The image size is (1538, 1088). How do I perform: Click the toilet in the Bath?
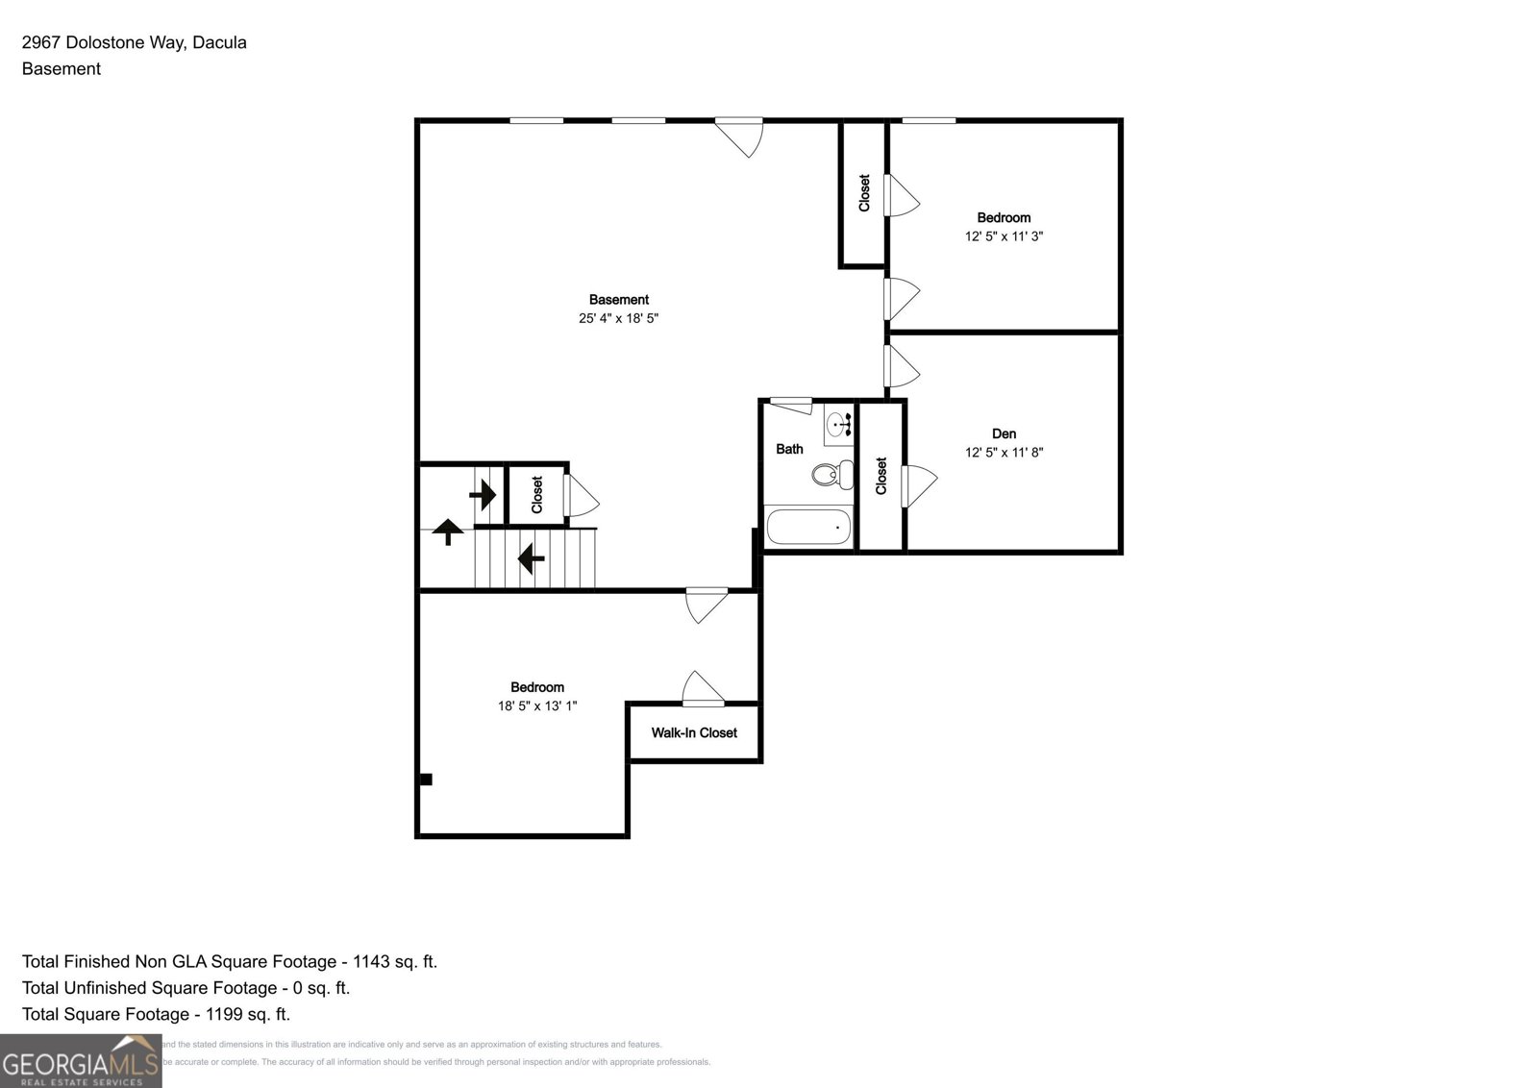point(833,474)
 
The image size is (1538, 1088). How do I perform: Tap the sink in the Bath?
point(839,424)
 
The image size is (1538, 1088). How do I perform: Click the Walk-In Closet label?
point(694,732)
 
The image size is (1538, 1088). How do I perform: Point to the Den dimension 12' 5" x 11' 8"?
point(1004,452)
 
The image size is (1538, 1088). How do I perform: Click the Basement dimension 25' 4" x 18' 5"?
point(618,318)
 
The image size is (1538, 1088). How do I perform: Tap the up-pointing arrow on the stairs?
point(448,531)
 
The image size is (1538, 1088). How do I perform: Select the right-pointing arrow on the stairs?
point(483,495)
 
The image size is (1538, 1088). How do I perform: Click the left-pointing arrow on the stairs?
point(532,557)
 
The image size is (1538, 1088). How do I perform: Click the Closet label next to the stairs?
point(536,494)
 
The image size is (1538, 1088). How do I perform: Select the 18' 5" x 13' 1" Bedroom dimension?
point(536,705)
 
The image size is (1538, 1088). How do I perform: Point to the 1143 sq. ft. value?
point(394,961)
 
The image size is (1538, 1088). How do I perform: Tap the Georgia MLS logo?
point(81,1061)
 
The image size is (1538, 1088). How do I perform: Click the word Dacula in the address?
point(219,42)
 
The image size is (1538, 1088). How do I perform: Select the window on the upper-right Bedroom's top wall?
point(929,121)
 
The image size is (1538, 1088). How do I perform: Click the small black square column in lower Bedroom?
point(426,779)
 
